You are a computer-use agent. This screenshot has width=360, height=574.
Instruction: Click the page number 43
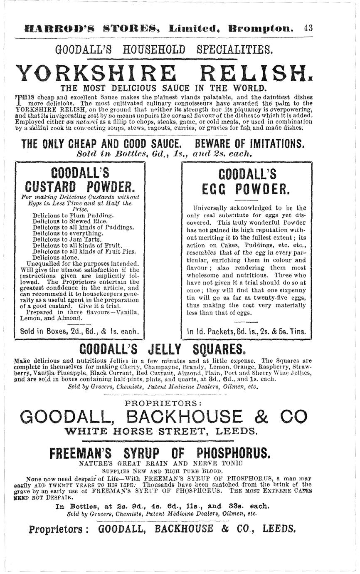coord(308,28)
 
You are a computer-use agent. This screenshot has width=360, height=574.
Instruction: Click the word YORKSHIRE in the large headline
coord(96,74)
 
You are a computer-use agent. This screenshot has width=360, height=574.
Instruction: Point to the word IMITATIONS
coord(271,144)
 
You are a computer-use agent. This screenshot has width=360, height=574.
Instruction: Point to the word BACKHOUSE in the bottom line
coord(185,529)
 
